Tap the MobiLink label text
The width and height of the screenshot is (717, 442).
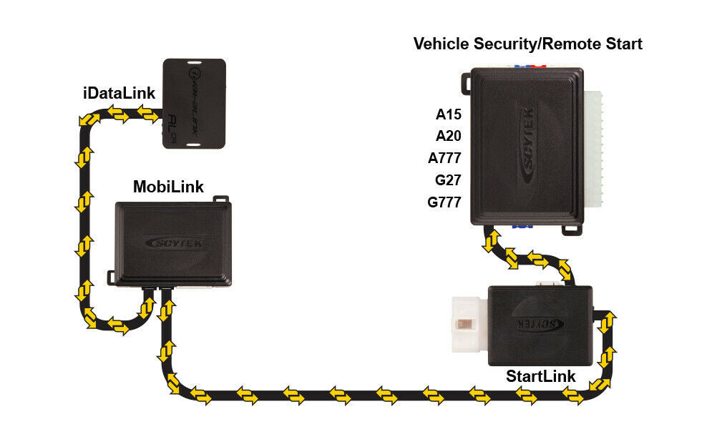pyautogui.click(x=168, y=187)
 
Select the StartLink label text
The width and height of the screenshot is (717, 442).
pyautogui.click(x=540, y=375)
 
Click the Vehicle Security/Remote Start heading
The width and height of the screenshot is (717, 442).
pyautogui.click(x=527, y=44)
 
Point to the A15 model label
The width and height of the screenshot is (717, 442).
pyautogui.click(x=449, y=114)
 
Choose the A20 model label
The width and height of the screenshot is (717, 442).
pyautogui.click(x=449, y=136)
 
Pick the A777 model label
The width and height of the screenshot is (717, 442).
pyautogui.click(x=444, y=158)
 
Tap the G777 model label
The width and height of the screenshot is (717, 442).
pyautogui.click(x=444, y=202)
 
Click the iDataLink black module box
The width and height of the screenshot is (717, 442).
pyautogui.click(x=194, y=103)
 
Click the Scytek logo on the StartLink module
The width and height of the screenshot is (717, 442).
pyautogui.click(x=539, y=324)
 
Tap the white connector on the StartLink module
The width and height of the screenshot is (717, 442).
pyautogui.click(x=468, y=325)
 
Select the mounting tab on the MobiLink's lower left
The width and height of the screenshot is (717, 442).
pyautogui.click(x=112, y=275)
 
